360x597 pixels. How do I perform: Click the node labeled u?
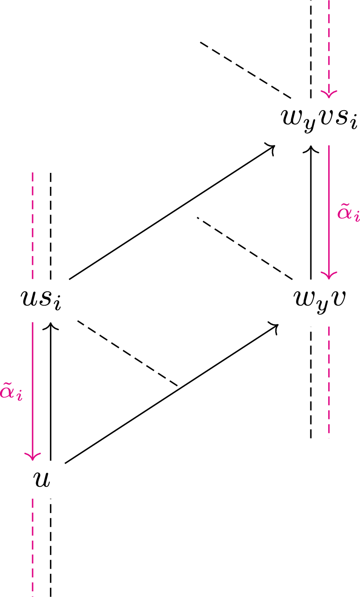pyautogui.click(x=42, y=479)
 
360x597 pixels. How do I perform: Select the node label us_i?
pyautogui.click(x=40, y=300)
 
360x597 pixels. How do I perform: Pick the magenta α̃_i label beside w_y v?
pyautogui.click(x=349, y=213)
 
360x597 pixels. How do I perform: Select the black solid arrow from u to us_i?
pyautogui.click(x=51, y=392)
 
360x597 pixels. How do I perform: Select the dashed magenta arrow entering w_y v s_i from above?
pyautogui.click(x=329, y=48)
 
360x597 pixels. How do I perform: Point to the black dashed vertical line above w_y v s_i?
pyautogui.click(x=311, y=48)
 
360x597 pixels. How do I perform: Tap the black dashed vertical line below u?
pyautogui.click(x=51, y=546)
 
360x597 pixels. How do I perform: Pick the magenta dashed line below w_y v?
pyautogui.click(x=329, y=381)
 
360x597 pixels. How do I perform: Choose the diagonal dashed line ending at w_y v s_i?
pyautogui.click(x=246, y=70)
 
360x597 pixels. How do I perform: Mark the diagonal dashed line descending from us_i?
pyautogui.click(x=127, y=353)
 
